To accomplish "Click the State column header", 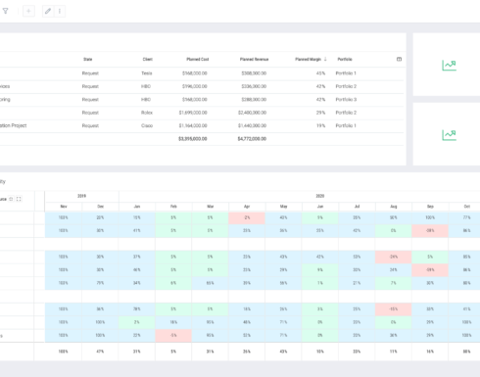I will tap(88, 59).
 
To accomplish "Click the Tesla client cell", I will tap(146, 72).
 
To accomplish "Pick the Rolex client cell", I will tap(146, 113).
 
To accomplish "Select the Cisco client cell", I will tap(146, 125).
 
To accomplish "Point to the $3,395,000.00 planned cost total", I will tap(192, 139).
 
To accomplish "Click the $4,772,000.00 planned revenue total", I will tap(252, 139).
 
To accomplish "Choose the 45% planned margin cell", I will tap(320, 72).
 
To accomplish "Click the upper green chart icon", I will tap(449, 66).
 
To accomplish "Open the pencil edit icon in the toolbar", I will tap(48, 11).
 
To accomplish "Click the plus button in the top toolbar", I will tap(27, 11).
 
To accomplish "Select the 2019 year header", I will tap(81, 196).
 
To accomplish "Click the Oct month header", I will tap(466, 207).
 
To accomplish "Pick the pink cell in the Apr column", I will tap(247, 217).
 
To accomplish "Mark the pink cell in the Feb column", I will tap(172, 335).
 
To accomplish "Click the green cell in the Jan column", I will tap(136, 321).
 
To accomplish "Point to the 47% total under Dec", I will tap(100, 350).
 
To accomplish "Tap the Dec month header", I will tap(100, 207).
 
